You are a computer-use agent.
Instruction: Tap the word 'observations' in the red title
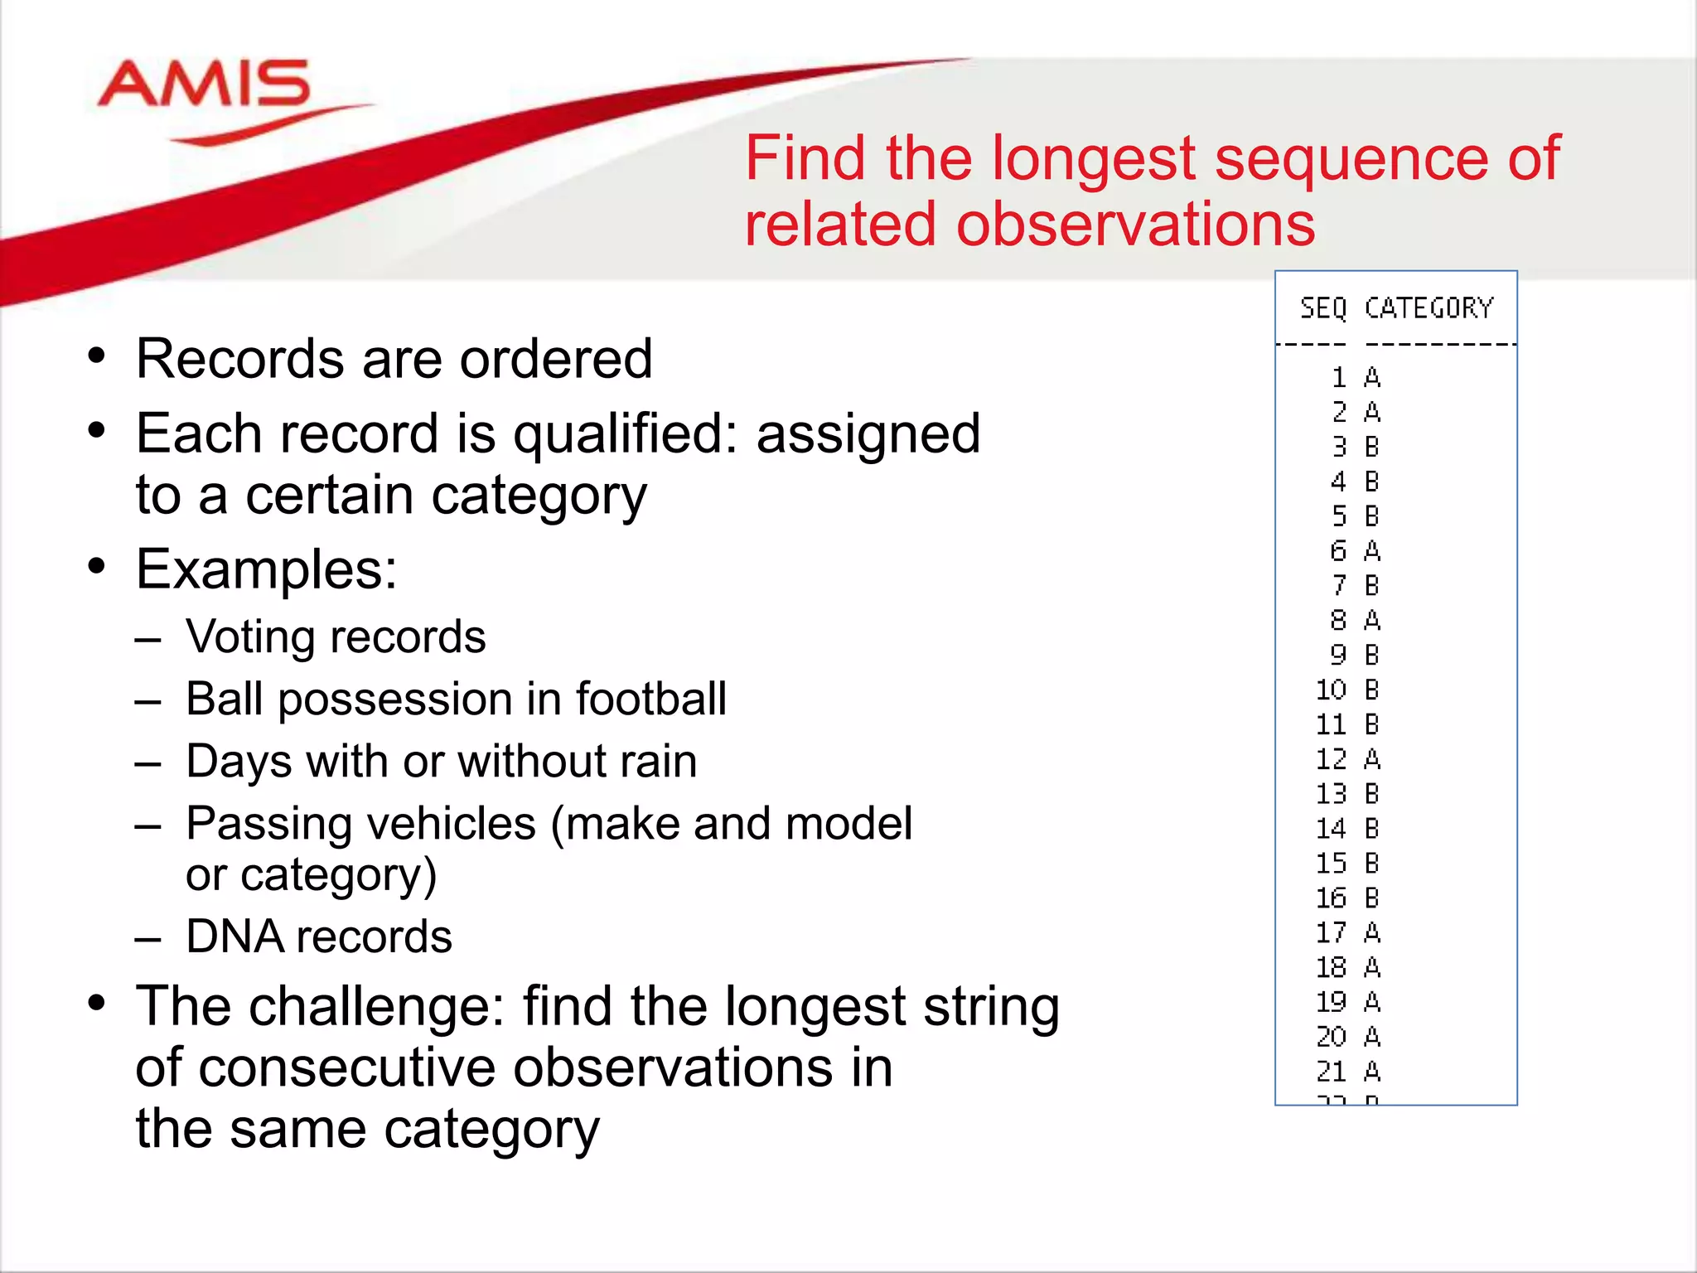click(x=1135, y=225)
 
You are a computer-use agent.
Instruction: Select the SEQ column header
click(x=1323, y=308)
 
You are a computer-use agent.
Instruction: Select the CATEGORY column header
click(x=1429, y=308)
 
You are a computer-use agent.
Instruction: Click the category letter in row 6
click(x=1372, y=551)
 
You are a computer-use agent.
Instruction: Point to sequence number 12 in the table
click(x=1332, y=759)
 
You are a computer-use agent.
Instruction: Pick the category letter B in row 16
click(x=1372, y=898)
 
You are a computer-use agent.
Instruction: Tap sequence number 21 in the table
click(x=1332, y=1072)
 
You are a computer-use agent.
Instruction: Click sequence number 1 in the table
click(x=1339, y=378)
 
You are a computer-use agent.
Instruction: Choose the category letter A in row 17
click(x=1372, y=932)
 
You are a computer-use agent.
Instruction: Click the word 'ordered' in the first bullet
click(x=556, y=359)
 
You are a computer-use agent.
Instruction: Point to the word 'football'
click(x=651, y=699)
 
